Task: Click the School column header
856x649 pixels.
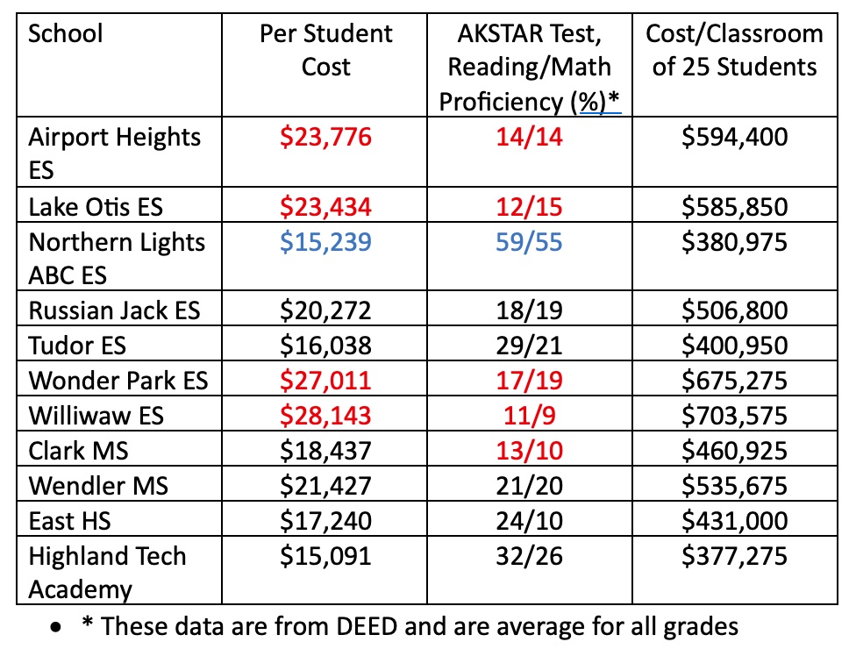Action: coord(65,33)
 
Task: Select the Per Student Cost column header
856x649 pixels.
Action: coord(326,50)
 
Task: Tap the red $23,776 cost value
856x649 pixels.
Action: coord(326,137)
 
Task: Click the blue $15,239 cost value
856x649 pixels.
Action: coord(326,242)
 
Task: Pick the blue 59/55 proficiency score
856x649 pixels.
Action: coord(529,242)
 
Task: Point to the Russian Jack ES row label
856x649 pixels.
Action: coord(114,310)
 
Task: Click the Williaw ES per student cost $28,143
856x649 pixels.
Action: coord(326,416)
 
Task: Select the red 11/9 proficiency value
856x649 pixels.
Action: coord(529,416)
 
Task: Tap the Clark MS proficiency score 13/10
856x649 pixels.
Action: coord(529,451)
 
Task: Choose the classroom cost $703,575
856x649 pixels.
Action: coord(734,416)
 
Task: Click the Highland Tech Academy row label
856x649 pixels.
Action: coord(107,573)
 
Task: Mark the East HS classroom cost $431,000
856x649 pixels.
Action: coord(734,521)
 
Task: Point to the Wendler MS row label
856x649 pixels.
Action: coord(98,486)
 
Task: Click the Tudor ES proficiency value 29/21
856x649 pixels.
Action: coord(529,346)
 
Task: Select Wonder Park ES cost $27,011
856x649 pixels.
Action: coord(326,381)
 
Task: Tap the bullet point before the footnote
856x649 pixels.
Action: coord(55,628)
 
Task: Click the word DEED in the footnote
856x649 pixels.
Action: coord(367,626)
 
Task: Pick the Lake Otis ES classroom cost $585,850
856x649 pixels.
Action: coord(734,207)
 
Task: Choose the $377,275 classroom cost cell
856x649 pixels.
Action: coord(734,556)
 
